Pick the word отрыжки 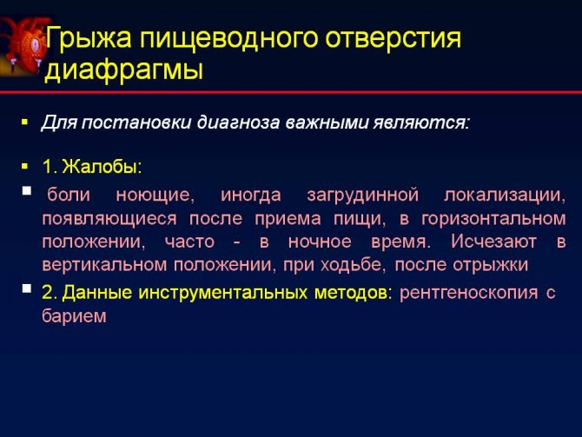pyautogui.click(x=495, y=263)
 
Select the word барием pyautogui.click(x=74, y=317)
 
